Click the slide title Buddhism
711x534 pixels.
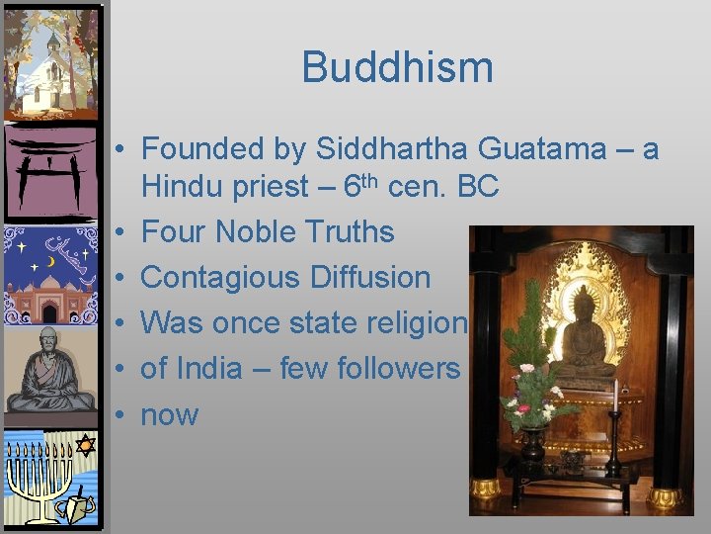click(x=397, y=67)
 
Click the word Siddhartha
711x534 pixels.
click(x=392, y=149)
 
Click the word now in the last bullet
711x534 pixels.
click(x=170, y=415)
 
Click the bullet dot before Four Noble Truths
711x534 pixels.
click(x=118, y=233)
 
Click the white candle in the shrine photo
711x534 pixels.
click(x=615, y=396)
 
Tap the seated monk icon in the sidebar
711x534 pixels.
click(x=51, y=371)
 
